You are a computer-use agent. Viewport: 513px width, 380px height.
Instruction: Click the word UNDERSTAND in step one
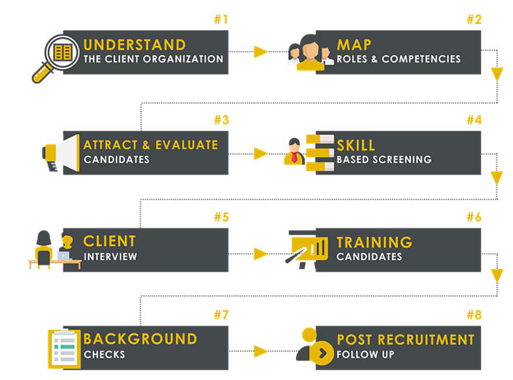point(135,45)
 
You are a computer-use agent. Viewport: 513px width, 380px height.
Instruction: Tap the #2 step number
point(474,20)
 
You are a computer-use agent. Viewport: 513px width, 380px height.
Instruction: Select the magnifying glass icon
point(55,58)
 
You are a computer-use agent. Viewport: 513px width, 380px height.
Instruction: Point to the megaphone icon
point(61,153)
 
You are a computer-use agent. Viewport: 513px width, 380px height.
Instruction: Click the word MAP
point(354,45)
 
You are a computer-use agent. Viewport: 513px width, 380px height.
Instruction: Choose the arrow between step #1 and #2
point(261,52)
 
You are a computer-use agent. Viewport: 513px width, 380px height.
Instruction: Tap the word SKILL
point(356,146)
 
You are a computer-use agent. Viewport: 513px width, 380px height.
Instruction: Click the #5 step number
point(221,217)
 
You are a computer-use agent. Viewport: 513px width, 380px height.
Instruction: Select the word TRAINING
point(375,242)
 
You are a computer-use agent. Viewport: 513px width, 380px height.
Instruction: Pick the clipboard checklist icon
point(64,348)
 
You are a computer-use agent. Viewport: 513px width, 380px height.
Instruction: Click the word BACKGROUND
point(141,339)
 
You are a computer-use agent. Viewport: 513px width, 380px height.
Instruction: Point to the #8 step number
point(474,315)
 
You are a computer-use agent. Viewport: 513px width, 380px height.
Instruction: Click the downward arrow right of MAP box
point(497,74)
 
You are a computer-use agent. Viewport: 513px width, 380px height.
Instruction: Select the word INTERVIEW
point(110,257)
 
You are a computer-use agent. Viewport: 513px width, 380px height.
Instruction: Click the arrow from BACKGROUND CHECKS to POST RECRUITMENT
point(261,351)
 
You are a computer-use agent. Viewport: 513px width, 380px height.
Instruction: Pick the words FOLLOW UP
point(366,355)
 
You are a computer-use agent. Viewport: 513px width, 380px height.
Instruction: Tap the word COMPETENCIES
point(421,59)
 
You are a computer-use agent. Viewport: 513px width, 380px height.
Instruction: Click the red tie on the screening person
point(294,157)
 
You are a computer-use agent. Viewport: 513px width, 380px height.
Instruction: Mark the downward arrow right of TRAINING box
point(497,276)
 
